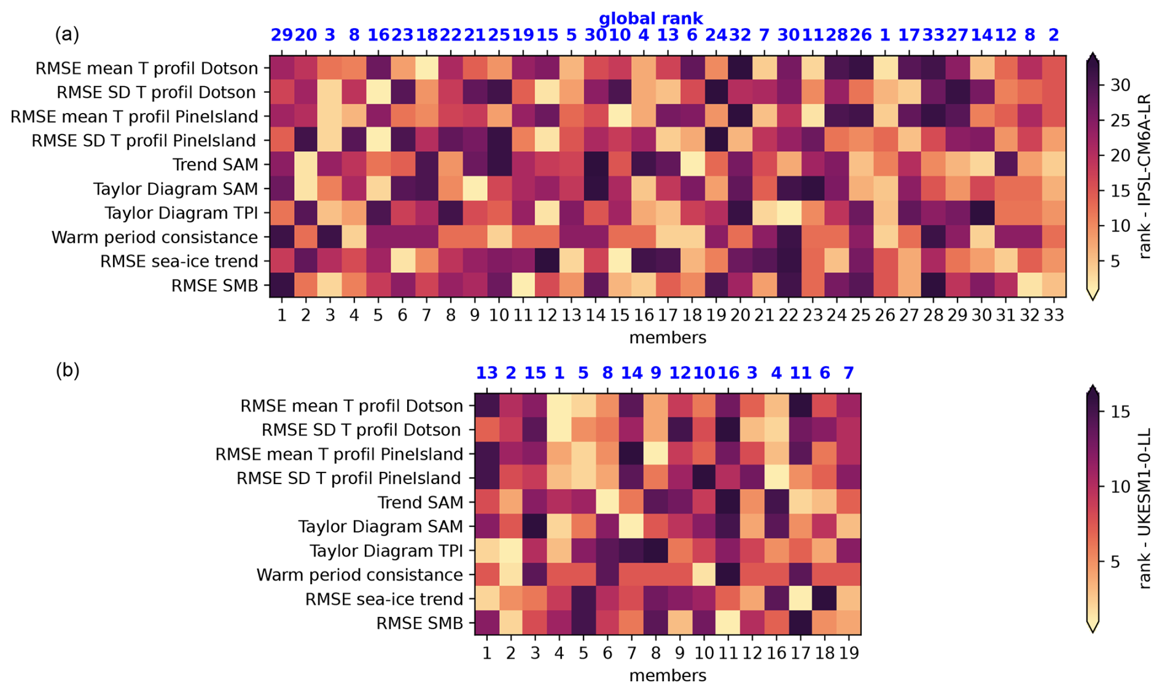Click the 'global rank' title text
[x=650, y=18]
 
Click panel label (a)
[x=67, y=34]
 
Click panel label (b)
[x=67, y=370]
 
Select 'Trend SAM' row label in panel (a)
[x=215, y=165]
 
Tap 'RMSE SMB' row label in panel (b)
[x=419, y=624]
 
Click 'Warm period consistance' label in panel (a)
[x=155, y=237]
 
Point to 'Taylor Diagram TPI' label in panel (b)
[x=386, y=551]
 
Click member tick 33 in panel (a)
[x=1054, y=315]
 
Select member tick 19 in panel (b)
[x=849, y=652]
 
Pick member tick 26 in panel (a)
[x=885, y=315]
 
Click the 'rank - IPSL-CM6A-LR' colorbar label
[x=1144, y=176]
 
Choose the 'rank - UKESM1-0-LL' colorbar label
[x=1144, y=509]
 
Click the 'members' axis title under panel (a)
[x=668, y=337]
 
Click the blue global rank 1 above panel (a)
[x=885, y=35]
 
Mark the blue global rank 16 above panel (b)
[x=728, y=373]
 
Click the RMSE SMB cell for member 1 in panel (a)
[x=282, y=286]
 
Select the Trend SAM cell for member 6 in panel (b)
[x=607, y=503]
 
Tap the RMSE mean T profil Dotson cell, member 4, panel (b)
[x=559, y=405]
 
